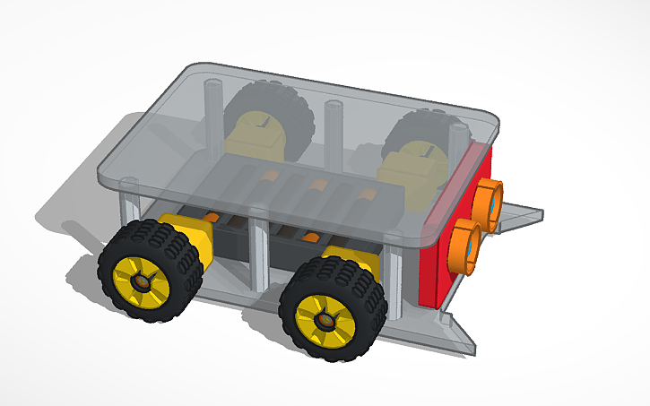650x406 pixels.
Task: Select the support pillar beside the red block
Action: click(394, 278)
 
